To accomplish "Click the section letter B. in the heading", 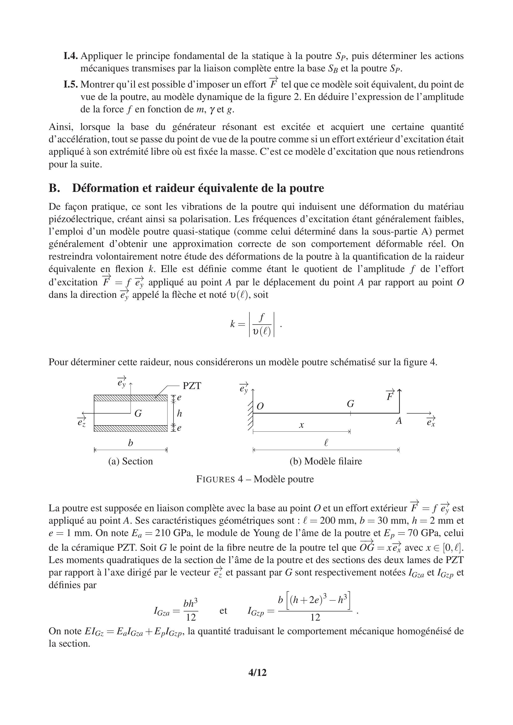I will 54,188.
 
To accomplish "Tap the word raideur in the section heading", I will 174,188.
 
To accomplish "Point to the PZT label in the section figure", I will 192,386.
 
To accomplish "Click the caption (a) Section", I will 130,461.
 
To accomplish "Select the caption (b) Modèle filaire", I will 326,461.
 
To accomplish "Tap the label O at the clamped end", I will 260,406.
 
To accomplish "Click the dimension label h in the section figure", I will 179,413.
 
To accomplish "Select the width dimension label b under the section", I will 130,443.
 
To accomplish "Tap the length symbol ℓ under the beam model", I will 326,443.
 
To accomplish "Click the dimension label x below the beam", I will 302,425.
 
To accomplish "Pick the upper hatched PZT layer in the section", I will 130,398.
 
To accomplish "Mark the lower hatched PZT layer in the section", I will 130,428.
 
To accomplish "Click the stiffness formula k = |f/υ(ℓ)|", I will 255,324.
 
